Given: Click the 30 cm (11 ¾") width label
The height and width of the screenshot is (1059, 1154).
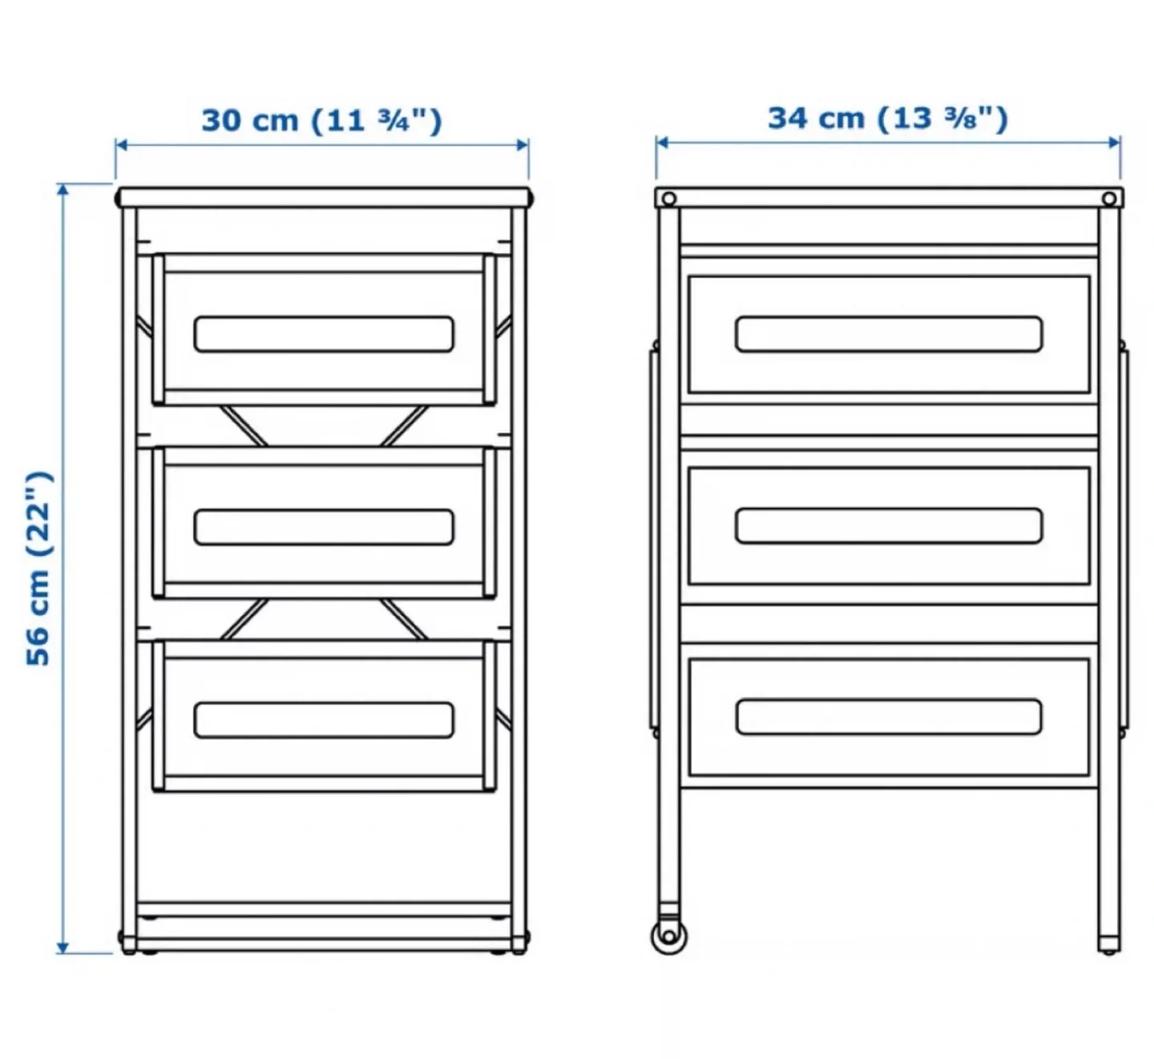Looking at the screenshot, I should click(x=321, y=120).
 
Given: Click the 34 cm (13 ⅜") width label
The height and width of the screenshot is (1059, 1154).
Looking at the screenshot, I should click(x=887, y=118).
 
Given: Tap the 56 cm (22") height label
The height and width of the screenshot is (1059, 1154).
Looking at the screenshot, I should click(x=38, y=568).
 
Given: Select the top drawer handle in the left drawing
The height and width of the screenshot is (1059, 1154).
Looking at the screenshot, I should click(x=324, y=334).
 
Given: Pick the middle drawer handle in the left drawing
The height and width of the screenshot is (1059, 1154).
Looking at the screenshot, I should click(x=324, y=527).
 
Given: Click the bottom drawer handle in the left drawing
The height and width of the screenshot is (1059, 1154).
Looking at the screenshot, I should click(x=324, y=720).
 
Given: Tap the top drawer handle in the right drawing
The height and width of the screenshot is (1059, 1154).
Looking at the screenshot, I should click(x=889, y=334).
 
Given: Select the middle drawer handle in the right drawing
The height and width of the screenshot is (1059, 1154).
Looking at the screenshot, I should click(x=889, y=525).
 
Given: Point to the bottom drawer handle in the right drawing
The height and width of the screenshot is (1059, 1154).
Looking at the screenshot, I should click(x=889, y=717).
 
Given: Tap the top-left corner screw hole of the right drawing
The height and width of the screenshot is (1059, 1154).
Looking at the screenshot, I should click(x=668, y=199).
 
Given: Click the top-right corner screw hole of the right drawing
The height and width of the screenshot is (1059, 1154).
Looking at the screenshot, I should click(x=1109, y=199).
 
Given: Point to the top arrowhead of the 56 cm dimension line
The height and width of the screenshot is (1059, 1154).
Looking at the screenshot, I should click(x=63, y=189).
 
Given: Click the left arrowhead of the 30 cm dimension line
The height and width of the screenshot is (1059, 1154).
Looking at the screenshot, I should click(x=121, y=145).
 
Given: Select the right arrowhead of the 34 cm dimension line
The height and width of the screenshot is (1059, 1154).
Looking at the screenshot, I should click(x=1115, y=143).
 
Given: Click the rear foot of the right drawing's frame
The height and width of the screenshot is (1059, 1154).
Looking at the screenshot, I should click(x=1109, y=945).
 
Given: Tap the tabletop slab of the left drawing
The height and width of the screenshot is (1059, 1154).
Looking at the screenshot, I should click(x=324, y=197).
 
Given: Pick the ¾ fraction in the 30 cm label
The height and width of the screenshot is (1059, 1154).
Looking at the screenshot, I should click(x=393, y=121).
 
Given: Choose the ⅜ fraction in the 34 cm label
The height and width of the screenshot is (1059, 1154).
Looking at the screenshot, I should click(x=959, y=119).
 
